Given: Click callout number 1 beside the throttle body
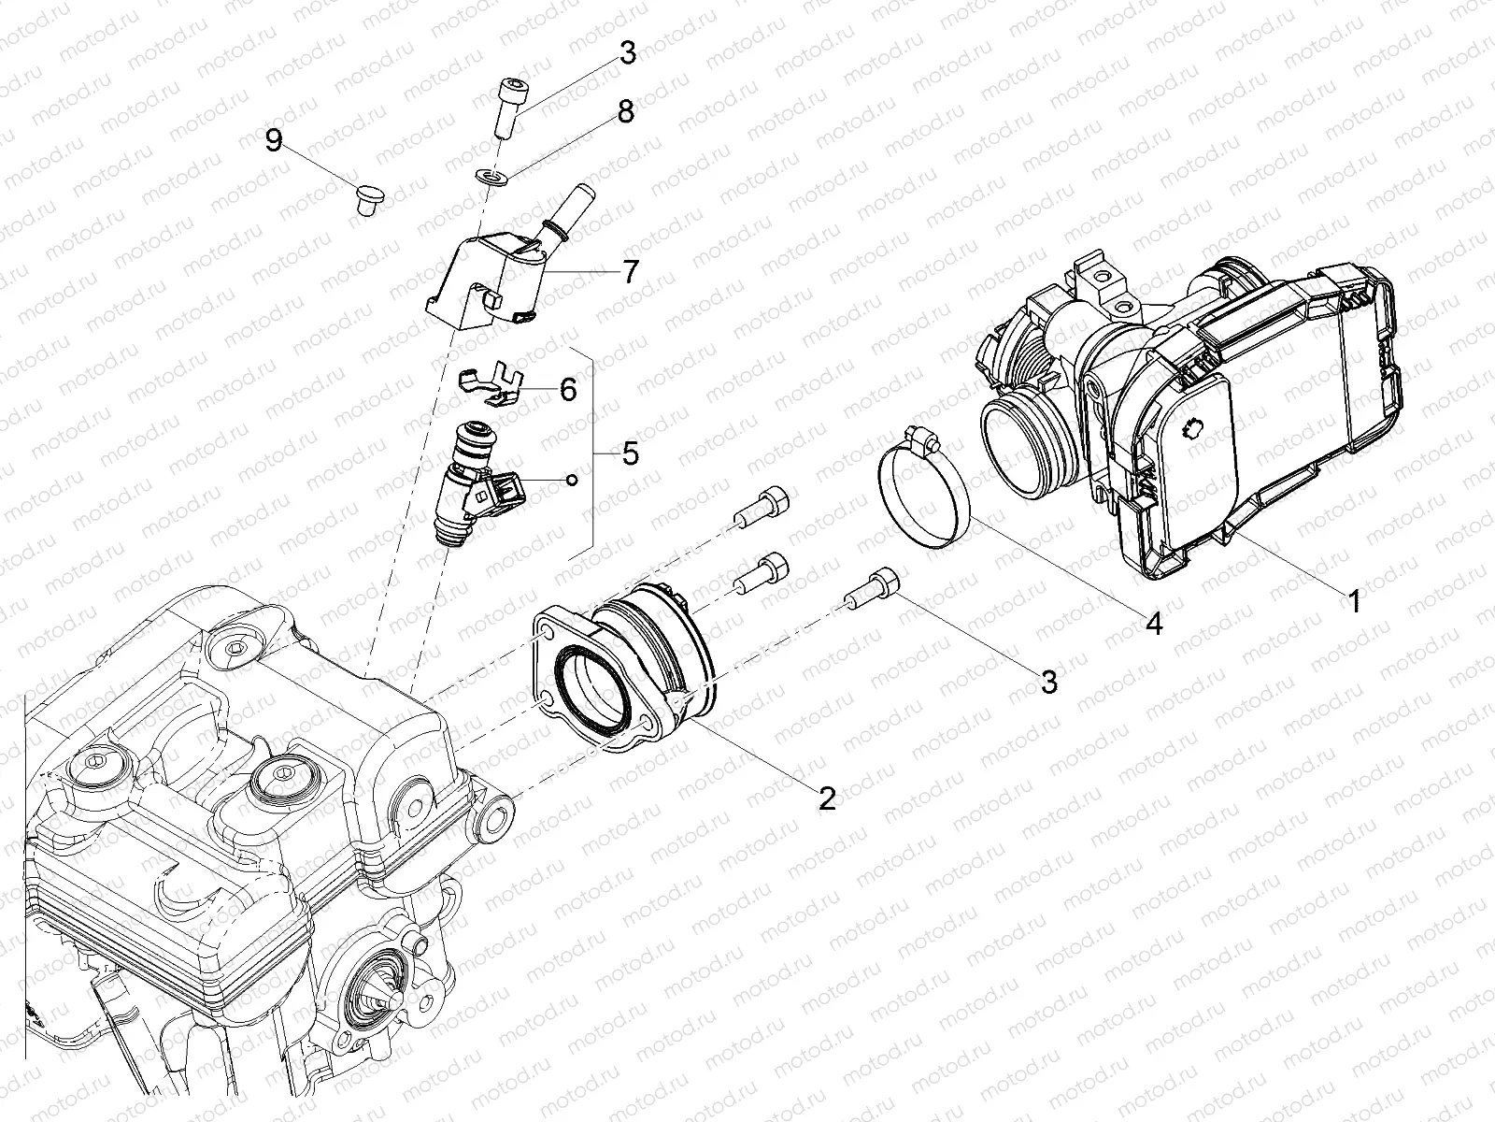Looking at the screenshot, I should (x=1353, y=599).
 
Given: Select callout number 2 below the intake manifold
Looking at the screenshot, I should (x=826, y=798).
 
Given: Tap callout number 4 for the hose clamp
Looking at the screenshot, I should (x=1155, y=624).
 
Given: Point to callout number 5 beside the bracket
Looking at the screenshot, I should (x=631, y=453).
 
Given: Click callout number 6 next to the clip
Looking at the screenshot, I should (x=568, y=389).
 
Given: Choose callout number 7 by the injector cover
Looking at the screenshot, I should (x=631, y=272).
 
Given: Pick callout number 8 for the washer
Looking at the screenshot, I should (x=625, y=111).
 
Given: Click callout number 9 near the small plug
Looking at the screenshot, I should (x=273, y=140).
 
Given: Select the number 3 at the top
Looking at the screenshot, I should (x=628, y=53).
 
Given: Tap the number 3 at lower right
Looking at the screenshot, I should (x=1049, y=681).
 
